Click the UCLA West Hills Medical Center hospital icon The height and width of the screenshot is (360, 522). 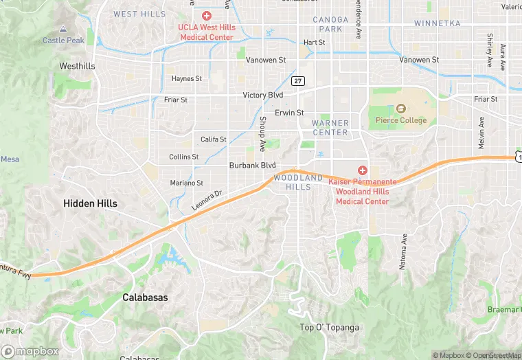click(x=206, y=15)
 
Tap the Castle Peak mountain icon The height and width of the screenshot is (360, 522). click(x=64, y=30)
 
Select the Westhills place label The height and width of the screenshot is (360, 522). click(x=78, y=67)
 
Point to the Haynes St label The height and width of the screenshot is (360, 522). click(x=187, y=79)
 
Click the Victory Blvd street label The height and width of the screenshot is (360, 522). click(x=263, y=95)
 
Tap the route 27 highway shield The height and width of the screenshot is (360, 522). click(x=297, y=81)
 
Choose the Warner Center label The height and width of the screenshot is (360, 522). click(x=330, y=128)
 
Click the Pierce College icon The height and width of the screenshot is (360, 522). click(x=401, y=109)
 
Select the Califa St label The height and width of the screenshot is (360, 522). click(x=214, y=139)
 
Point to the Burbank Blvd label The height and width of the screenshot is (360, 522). click(x=252, y=166)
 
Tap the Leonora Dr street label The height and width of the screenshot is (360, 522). click(x=207, y=201)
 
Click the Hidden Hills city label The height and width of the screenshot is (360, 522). click(x=90, y=203)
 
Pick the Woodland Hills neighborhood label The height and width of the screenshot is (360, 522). click(x=297, y=182)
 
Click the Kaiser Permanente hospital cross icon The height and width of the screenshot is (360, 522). click(x=363, y=170)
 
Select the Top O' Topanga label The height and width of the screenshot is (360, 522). click(x=330, y=327)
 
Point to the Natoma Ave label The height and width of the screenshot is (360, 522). click(x=405, y=251)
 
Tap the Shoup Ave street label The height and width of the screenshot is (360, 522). click(x=262, y=133)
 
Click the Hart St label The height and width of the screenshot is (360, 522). click(x=314, y=43)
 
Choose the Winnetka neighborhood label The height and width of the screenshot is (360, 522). click(x=437, y=23)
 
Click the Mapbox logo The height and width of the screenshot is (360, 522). click(x=31, y=351)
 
